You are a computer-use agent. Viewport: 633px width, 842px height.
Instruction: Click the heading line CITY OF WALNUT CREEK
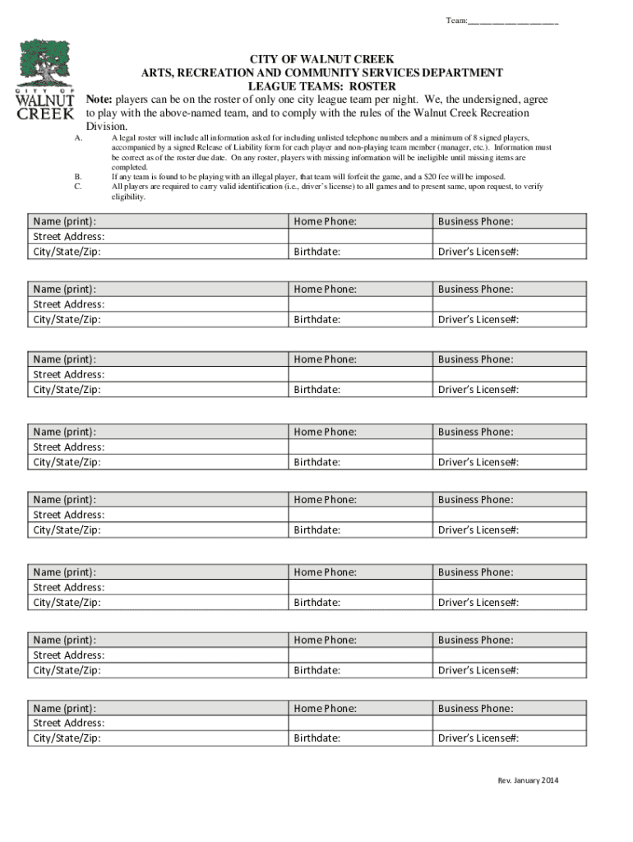(x=322, y=60)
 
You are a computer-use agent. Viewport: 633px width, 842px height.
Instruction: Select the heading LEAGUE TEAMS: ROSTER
(x=322, y=86)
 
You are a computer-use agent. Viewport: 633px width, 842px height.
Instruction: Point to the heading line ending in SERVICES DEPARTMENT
(x=322, y=73)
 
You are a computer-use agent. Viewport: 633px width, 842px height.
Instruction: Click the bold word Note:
(x=99, y=99)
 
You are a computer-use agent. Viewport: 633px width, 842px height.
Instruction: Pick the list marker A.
(x=78, y=137)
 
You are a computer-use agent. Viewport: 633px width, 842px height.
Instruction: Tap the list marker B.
(x=78, y=177)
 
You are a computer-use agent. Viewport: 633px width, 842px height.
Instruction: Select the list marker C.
(x=78, y=187)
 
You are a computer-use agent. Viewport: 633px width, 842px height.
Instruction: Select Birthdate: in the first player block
(x=317, y=252)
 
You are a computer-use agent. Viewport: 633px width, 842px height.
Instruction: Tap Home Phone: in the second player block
(x=326, y=289)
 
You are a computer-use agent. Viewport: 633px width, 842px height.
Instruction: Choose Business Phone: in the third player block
(x=476, y=359)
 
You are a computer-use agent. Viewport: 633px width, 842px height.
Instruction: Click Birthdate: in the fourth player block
(x=317, y=462)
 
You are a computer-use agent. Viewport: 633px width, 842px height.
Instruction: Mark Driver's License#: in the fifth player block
(x=478, y=530)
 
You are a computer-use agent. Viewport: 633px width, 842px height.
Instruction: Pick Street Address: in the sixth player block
(x=69, y=587)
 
